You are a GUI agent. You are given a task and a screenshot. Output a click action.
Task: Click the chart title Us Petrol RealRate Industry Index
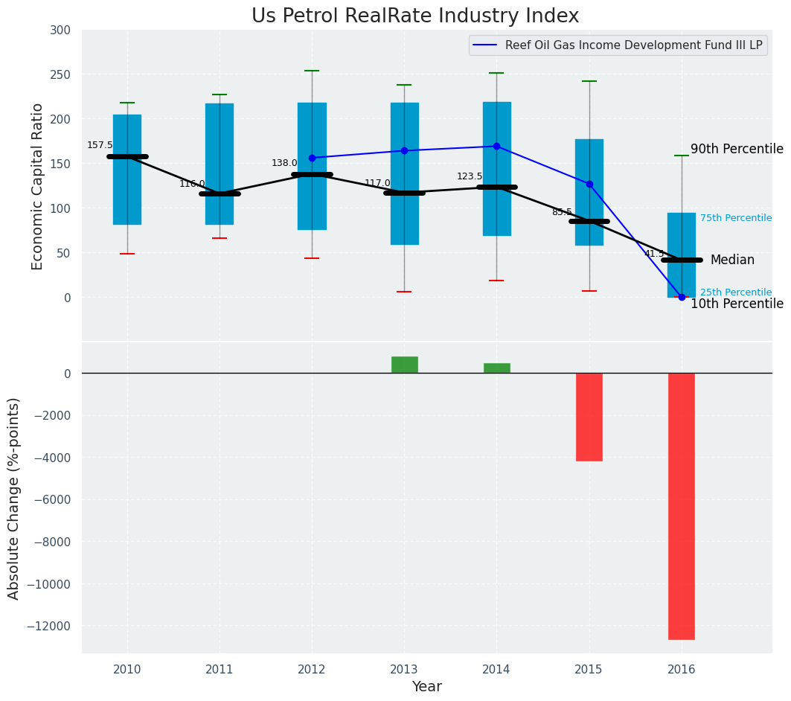click(414, 16)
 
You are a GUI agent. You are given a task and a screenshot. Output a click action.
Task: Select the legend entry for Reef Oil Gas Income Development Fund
click(633, 45)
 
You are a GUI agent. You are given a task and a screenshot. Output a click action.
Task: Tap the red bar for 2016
click(681, 506)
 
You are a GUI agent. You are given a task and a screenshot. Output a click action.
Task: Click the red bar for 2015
click(589, 417)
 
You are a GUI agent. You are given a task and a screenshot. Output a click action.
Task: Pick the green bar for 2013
click(404, 365)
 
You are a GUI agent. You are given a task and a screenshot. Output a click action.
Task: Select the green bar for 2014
click(496, 368)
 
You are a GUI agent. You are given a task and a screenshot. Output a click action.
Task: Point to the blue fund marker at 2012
click(312, 158)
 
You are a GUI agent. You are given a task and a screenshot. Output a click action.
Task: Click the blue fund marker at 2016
click(682, 297)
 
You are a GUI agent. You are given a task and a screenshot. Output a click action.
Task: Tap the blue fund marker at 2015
click(589, 184)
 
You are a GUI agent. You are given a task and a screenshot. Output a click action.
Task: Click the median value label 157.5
click(100, 145)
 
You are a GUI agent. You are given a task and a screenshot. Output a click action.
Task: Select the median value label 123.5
click(470, 176)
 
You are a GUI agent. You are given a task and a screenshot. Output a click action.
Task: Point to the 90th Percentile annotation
click(737, 149)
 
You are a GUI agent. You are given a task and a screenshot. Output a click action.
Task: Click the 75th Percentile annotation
click(735, 218)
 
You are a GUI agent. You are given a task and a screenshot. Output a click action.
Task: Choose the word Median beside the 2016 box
click(732, 260)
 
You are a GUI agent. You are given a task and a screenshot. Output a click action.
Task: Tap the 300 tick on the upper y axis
click(60, 30)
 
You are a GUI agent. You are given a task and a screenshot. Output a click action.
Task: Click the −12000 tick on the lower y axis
click(48, 626)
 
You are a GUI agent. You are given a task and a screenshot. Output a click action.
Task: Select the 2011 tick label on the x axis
click(220, 669)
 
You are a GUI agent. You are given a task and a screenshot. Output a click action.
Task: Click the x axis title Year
click(426, 687)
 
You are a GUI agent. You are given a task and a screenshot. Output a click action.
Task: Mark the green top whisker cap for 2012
click(312, 71)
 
